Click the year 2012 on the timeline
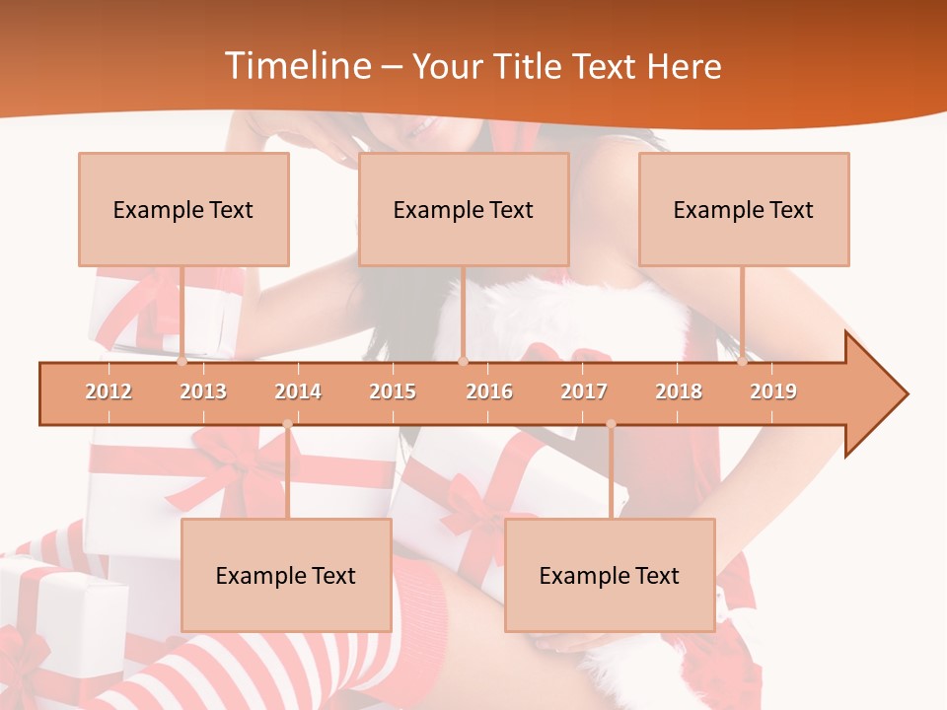click(109, 391)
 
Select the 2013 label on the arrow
click(203, 391)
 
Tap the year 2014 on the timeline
click(298, 391)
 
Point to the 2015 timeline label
click(393, 391)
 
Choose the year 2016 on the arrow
click(489, 391)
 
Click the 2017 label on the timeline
click(584, 391)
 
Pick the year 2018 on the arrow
click(679, 391)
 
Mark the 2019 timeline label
click(773, 391)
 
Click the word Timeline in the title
click(296, 66)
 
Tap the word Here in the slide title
click(684, 66)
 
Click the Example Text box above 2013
click(183, 209)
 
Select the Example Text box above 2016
click(464, 209)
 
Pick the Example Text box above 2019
click(744, 209)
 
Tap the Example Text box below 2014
click(286, 575)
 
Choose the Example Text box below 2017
click(610, 575)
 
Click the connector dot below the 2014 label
click(287, 424)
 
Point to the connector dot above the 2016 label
click(464, 361)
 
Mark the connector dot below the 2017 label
click(611, 424)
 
